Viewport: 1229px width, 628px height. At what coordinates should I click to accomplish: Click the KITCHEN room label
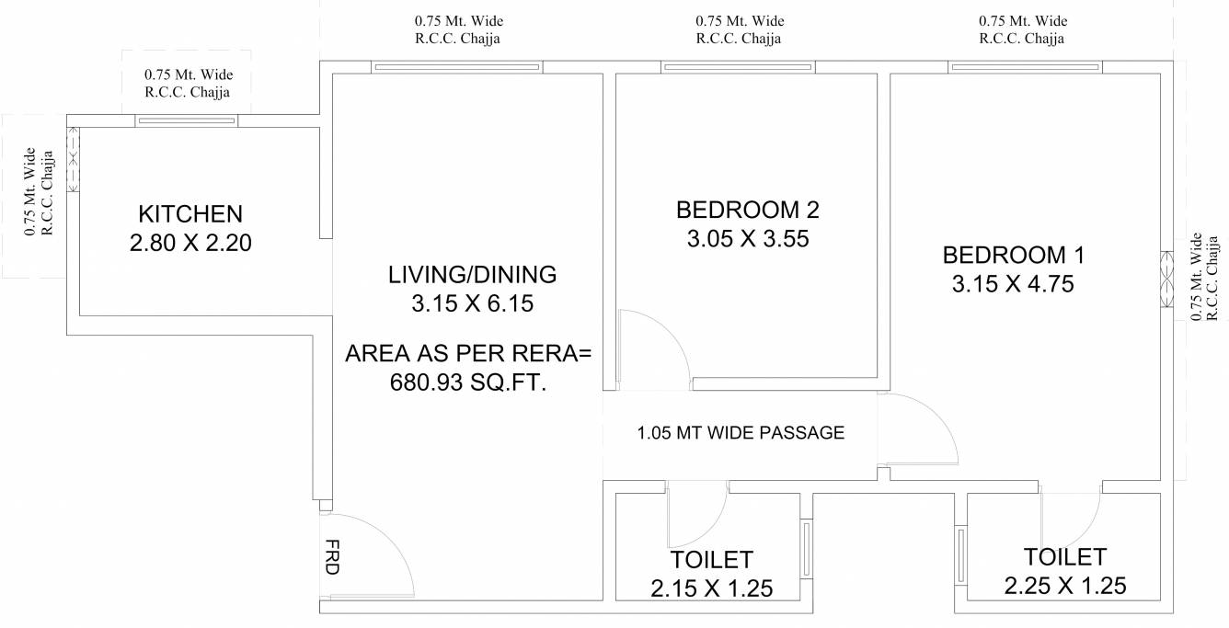(x=190, y=214)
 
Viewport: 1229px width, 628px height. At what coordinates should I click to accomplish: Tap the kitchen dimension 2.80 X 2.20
(x=190, y=243)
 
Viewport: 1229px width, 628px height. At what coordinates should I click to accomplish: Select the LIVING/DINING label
(x=472, y=274)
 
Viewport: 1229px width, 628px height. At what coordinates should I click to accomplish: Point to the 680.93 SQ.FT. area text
(x=468, y=382)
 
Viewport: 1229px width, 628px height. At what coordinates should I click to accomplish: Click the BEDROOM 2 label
(x=747, y=210)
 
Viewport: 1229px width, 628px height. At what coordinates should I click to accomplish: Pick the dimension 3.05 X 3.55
(x=747, y=239)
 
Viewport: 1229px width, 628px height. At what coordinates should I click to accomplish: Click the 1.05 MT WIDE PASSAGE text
(x=740, y=432)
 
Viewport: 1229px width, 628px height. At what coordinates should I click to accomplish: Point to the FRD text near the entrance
(x=331, y=557)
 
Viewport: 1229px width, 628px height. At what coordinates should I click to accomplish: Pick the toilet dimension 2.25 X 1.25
(x=1065, y=586)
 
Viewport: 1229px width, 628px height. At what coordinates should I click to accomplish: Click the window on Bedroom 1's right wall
(x=1166, y=281)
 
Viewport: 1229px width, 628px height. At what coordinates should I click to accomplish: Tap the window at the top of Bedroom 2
(x=738, y=66)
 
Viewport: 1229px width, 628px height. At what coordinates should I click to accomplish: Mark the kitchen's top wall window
(x=186, y=120)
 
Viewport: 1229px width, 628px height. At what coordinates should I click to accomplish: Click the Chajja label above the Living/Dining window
(x=458, y=29)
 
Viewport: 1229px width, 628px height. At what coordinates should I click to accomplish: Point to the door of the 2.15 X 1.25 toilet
(x=696, y=515)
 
